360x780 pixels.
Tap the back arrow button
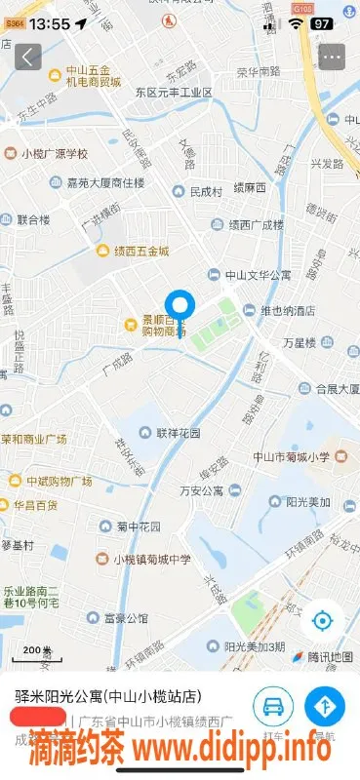click(x=28, y=57)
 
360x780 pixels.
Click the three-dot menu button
click(x=332, y=57)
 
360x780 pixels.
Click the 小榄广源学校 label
click(x=55, y=153)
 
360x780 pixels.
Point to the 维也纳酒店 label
click(x=278, y=311)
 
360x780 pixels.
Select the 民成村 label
click(x=204, y=192)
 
